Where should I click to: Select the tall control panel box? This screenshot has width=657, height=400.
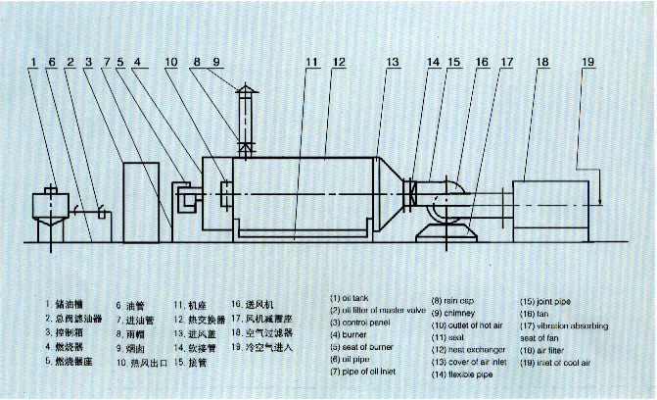[139, 201]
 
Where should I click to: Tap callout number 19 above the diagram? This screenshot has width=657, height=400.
[587, 63]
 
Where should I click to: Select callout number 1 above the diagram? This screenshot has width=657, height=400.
[32, 63]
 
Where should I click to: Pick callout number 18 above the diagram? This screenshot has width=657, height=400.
[541, 63]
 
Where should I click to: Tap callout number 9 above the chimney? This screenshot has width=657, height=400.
[217, 63]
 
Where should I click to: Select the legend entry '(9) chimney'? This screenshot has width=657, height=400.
[458, 313]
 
